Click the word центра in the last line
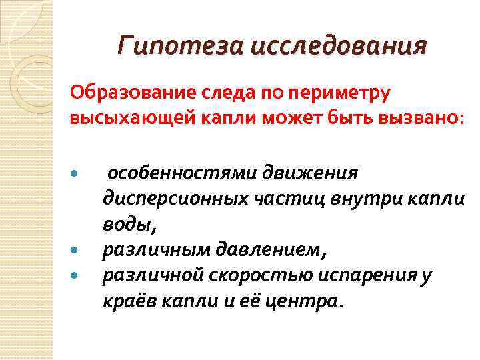click(x=307, y=301)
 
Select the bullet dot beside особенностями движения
click(x=75, y=174)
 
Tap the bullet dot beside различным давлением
click(x=75, y=251)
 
